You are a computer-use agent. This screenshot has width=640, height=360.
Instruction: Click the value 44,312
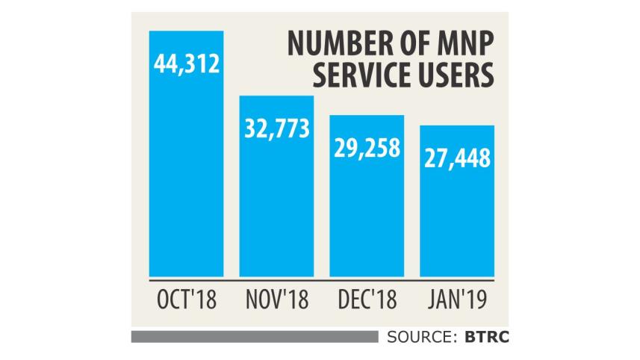pos(186,65)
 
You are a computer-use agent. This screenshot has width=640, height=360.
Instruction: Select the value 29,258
pos(366,149)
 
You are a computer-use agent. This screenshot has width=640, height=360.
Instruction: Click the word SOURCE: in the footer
pos(421,337)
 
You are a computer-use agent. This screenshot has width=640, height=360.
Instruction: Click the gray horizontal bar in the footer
pos(254,337)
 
